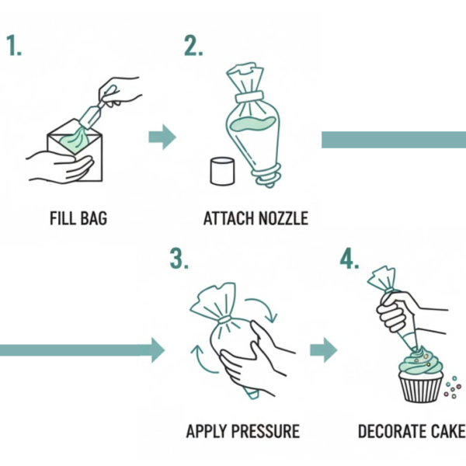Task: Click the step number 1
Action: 14,46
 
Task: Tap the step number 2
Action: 193,46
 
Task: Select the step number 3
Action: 179,259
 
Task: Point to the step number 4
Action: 349,259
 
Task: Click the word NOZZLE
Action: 283,218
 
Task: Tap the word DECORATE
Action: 392,431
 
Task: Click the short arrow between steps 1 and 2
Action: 162,137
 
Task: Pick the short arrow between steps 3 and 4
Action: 324,350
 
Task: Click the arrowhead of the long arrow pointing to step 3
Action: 158,350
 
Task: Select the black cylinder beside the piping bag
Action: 222,172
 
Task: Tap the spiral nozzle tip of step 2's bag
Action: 266,177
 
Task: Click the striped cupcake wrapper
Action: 421,387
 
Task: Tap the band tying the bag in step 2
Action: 249,97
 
